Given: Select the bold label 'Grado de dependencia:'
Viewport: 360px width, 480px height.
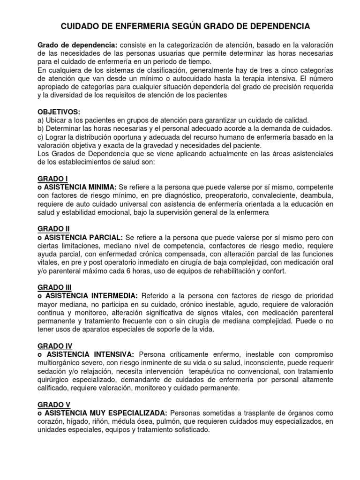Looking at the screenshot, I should point(77,45).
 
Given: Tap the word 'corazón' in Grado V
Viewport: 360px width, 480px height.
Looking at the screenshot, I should point(50,422).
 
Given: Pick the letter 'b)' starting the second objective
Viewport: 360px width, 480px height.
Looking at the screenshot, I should point(40,129).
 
